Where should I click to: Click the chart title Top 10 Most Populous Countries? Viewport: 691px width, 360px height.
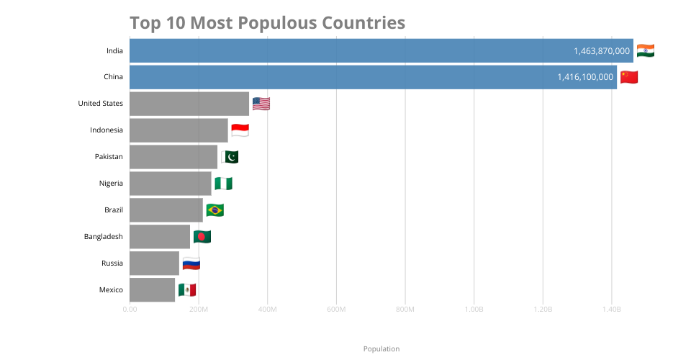pyautogui.click(x=268, y=23)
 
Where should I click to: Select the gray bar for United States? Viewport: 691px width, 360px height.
pyautogui.click(x=189, y=104)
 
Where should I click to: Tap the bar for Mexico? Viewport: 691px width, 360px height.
pyautogui.click(x=152, y=290)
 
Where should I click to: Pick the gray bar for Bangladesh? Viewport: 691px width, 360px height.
pyautogui.click(x=160, y=237)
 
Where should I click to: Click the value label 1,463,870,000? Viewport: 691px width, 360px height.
pyautogui.click(x=602, y=51)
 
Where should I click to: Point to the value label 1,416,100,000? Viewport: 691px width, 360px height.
pyautogui.click(x=585, y=77)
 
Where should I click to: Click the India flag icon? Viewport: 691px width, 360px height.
pyautogui.click(x=646, y=50)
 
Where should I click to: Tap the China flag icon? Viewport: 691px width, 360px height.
pyautogui.click(x=629, y=77)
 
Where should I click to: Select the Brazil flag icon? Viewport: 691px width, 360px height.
pyautogui.click(x=215, y=210)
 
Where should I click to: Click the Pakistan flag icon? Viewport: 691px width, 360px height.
pyautogui.click(x=230, y=157)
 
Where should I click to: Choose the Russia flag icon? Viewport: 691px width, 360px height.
pyautogui.click(x=191, y=264)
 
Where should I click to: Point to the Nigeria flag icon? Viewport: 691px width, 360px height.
pyautogui.click(x=223, y=184)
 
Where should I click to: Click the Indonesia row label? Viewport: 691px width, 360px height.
pyautogui.click(x=107, y=130)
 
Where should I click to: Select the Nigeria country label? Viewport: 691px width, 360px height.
pyautogui.click(x=111, y=184)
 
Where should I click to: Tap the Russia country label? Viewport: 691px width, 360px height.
pyautogui.click(x=112, y=263)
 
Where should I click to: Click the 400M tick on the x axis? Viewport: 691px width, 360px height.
pyautogui.click(x=268, y=310)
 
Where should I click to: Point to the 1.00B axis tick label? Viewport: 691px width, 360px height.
pyautogui.click(x=474, y=310)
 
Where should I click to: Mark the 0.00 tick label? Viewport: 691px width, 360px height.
pyautogui.click(x=130, y=310)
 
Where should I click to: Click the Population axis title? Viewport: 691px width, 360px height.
pyautogui.click(x=381, y=349)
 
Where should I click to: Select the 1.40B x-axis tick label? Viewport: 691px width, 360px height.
pyautogui.click(x=612, y=310)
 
